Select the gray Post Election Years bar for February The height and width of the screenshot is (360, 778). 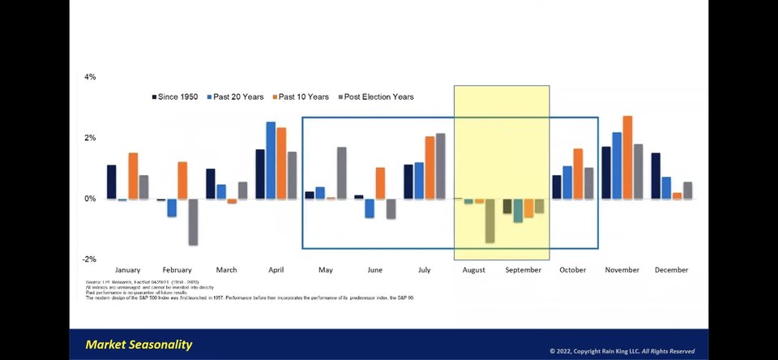coord(193,221)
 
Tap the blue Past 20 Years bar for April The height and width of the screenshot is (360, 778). coord(271,160)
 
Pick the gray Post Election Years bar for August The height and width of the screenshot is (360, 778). coord(489,221)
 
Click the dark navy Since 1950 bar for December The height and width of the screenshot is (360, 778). coord(655,175)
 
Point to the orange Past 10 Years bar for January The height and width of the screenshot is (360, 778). coord(133,175)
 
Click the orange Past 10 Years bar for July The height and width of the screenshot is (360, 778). coord(430,167)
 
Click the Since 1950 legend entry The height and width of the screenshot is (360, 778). coord(175,97)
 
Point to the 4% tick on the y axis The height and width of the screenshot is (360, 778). coord(90,77)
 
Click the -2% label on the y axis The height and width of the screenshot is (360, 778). coord(89,259)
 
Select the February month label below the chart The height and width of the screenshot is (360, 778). coord(177,270)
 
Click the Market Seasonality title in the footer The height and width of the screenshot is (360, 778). coord(139,345)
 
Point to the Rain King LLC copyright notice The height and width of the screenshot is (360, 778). coord(622,351)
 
